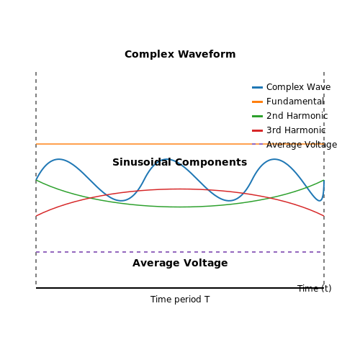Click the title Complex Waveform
(180, 54)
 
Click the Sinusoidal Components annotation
(180, 162)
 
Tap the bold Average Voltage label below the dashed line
(180, 263)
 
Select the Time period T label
(180, 300)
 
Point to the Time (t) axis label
(315, 288)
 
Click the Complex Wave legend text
(298, 87)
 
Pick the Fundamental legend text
(295, 102)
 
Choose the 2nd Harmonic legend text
(297, 116)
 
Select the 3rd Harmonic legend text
(296, 130)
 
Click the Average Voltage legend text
(302, 145)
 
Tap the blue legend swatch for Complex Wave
(257, 87)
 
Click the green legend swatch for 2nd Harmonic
(257, 116)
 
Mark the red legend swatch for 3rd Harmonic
(257, 130)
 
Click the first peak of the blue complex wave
(59, 159)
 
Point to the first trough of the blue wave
(122, 201)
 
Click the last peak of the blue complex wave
(274, 159)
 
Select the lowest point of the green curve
(180, 207)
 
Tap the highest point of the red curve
(180, 189)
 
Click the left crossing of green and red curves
(90, 198)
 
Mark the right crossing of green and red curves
(270, 198)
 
